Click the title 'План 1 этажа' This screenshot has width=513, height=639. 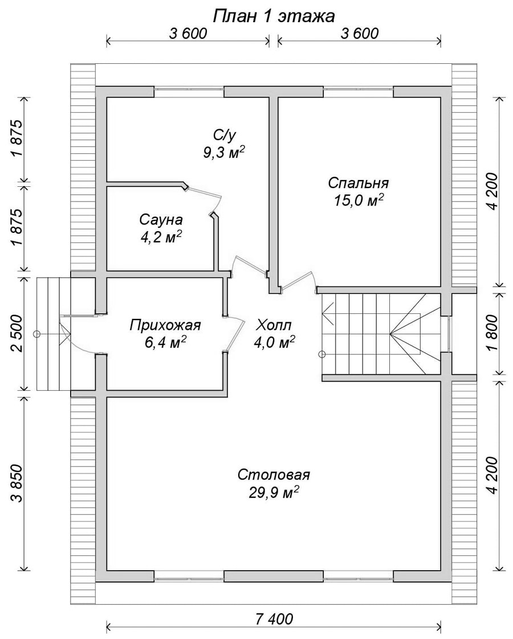coord(274,17)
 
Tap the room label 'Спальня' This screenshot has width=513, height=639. coord(359,183)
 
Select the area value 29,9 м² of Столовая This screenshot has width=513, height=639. coord(274,493)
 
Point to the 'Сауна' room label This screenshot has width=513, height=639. coord(161,220)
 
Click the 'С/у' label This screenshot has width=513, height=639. coord(224,134)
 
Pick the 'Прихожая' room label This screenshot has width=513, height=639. coord(165,326)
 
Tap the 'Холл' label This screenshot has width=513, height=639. coord(274,326)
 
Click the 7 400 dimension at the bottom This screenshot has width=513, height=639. coord(274,619)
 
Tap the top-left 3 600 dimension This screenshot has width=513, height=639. coord(188,34)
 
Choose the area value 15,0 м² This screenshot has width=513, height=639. coord(359,200)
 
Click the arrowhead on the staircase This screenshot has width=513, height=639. coord(329,314)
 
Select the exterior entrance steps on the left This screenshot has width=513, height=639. coord(54,334)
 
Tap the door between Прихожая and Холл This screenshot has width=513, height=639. coord(237,334)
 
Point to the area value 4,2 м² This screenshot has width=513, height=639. coord(161,237)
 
